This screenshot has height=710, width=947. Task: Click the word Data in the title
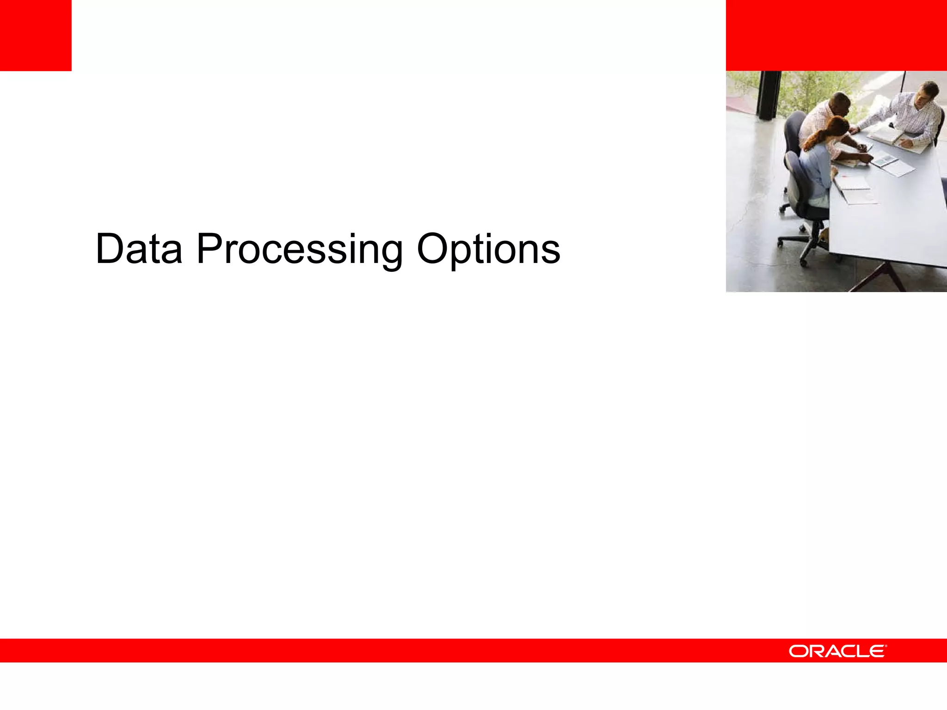click(139, 250)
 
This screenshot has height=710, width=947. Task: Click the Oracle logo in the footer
click(837, 651)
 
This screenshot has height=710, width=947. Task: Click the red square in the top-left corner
click(36, 35)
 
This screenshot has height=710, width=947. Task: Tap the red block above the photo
click(836, 35)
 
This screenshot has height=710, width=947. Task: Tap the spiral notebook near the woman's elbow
click(853, 183)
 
